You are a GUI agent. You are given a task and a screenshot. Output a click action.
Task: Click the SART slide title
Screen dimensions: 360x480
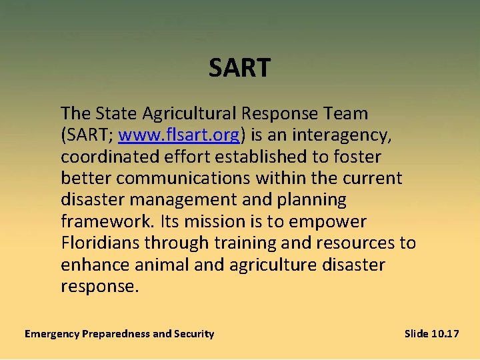[239, 68]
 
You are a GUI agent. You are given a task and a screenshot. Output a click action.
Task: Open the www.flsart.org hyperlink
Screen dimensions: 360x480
[179, 135]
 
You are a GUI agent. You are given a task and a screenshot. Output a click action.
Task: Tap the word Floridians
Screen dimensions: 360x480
[103, 243]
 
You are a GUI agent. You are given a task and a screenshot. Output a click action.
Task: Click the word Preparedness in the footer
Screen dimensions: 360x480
[116, 333]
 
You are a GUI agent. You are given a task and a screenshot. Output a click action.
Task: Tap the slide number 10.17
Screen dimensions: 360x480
[445, 333]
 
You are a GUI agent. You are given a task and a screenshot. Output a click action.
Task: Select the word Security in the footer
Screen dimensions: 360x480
[195, 333]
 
